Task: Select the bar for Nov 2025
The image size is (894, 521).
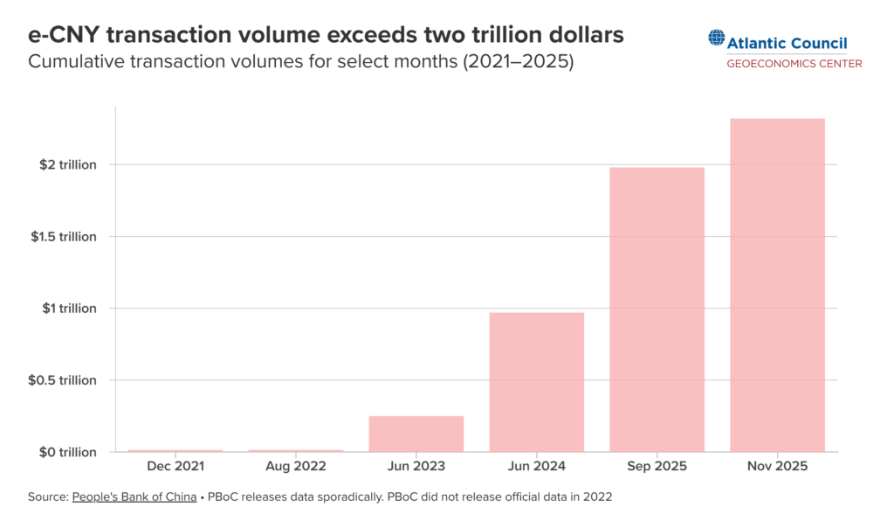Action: [777, 285]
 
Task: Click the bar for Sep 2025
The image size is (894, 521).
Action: [657, 309]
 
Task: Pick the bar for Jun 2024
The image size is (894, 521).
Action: [536, 382]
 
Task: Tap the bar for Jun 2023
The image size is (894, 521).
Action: [416, 434]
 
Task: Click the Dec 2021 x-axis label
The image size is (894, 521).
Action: [175, 467]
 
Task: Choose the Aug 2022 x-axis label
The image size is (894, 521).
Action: [296, 467]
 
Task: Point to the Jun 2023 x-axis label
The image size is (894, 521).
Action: [416, 467]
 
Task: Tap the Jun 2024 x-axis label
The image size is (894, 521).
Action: [536, 467]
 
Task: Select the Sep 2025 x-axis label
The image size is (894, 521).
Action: [657, 467]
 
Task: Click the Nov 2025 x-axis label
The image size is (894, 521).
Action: [777, 467]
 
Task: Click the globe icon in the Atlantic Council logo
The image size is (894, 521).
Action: [717, 38]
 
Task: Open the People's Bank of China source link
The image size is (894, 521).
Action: [134, 497]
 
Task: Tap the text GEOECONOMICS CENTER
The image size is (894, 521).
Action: [794, 63]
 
